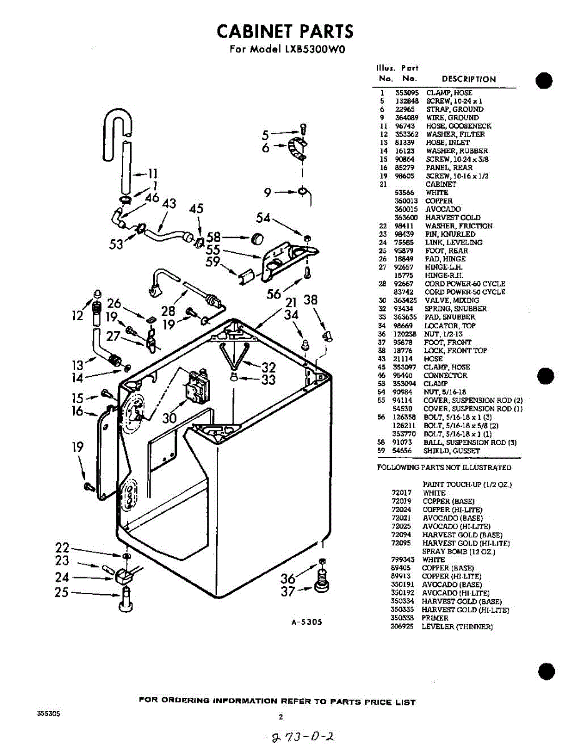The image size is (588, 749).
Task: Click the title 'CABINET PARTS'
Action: pyautogui.click(x=285, y=31)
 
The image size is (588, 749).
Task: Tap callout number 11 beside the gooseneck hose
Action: pyautogui.click(x=152, y=174)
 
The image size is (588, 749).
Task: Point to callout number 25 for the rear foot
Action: pyautogui.click(x=61, y=592)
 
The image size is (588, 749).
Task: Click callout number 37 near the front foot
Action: pyautogui.click(x=288, y=590)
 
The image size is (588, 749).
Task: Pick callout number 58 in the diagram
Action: pyautogui.click(x=214, y=237)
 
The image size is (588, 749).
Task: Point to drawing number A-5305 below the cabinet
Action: pyautogui.click(x=306, y=622)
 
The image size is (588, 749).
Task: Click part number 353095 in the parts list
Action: pyautogui.click(x=407, y=92)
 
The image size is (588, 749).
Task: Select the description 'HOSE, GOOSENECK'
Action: pyautogui.click(x=459, y=126)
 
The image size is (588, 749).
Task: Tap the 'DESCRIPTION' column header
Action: pyautogui.click(x=468, y=79)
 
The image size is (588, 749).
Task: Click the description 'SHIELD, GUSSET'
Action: pyautogui.click(x=452, y=451)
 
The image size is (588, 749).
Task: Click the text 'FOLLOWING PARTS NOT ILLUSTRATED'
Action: pyautogui.click(x=444, y=468)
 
